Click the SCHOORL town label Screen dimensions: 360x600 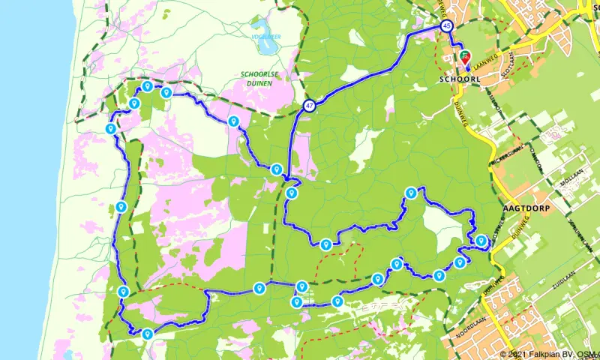pyautogui.click(x=454, y=78)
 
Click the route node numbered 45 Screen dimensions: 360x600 pyautogui.click(x=448, y=25)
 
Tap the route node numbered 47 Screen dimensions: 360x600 pyautogui.click(x=310, y=106)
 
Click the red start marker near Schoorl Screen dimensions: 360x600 pyautogui.click(x=466, y=56)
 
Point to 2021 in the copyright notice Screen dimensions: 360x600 pyautogui.click(x=517, y=354)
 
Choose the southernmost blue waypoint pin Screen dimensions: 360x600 pyautogui.click(x=148, y=334)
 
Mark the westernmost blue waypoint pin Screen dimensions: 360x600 pyautogui.click(x=110, y=128)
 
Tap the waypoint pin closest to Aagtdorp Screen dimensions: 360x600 pyautogui.click(x=481, y=240)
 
